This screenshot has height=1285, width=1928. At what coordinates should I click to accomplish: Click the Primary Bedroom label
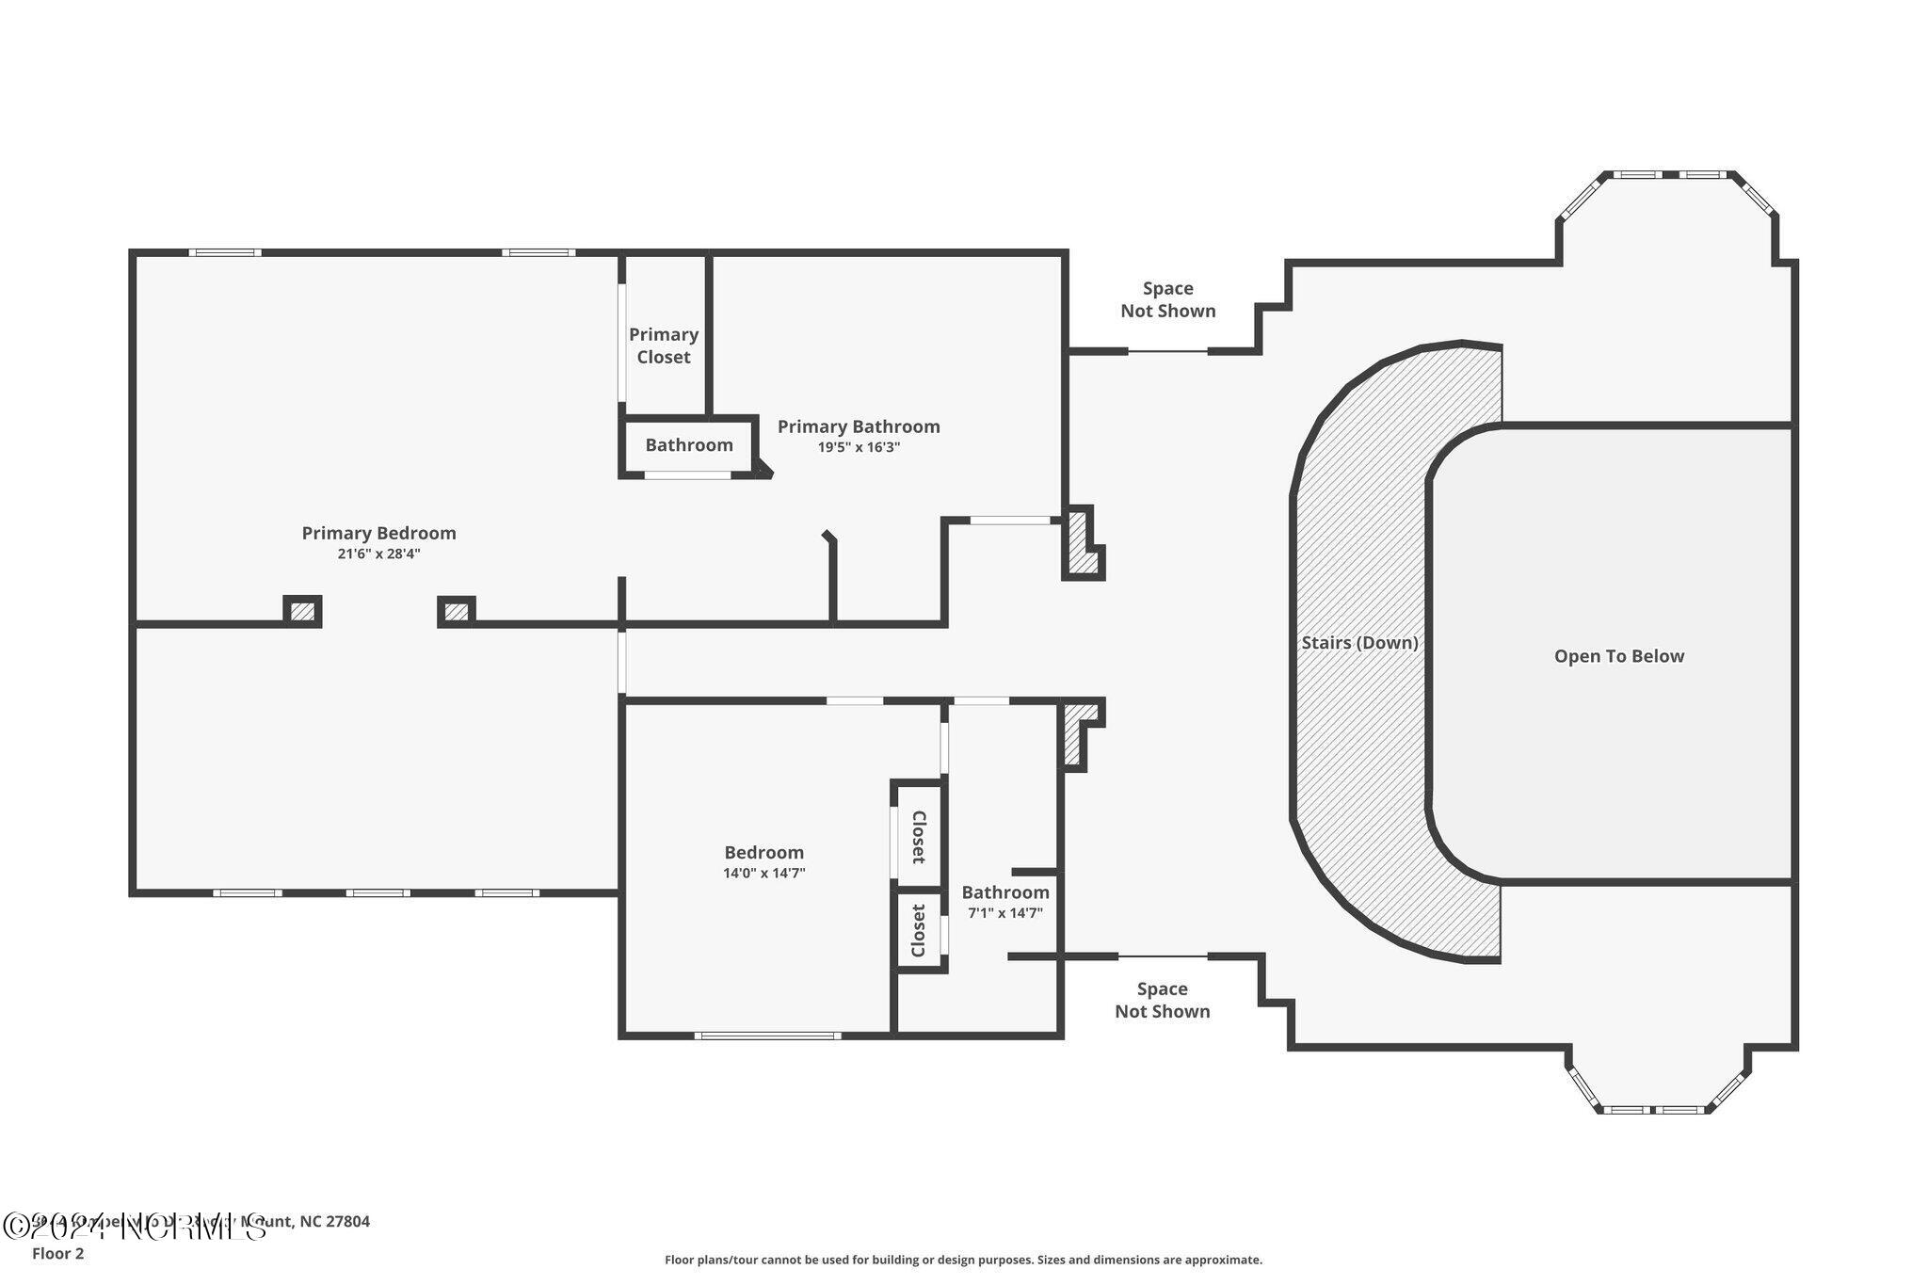(378, 533)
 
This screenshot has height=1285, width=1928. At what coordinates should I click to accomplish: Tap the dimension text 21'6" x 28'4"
(378, 554)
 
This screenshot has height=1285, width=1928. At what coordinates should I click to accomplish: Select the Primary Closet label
(664, 345)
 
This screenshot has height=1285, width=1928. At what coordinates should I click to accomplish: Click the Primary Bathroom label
(859, 426)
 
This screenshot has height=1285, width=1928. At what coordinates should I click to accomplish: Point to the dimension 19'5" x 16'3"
(859, 448)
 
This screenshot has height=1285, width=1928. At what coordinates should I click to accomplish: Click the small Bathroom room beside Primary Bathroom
(688, 445)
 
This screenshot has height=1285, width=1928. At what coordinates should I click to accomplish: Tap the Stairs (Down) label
(1359, 643)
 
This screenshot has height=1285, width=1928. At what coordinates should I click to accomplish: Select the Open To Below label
(1618, 656)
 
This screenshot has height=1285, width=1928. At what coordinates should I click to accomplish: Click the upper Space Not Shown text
(1167, 299)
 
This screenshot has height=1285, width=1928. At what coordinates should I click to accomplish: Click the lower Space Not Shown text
(1162, 1000)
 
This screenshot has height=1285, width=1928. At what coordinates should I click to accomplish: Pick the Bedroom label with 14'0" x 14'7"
(763, 853)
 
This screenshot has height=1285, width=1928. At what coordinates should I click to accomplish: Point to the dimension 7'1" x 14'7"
(1005, 913)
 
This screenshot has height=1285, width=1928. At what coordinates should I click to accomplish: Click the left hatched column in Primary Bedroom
(302, 612)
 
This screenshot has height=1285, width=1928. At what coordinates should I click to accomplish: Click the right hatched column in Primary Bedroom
(457, 612)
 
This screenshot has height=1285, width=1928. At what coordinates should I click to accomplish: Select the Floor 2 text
(57, 1253)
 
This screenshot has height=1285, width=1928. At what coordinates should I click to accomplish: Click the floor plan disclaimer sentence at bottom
(963, 1260)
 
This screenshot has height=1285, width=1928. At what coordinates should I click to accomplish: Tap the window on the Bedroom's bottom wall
(767, 1036)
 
